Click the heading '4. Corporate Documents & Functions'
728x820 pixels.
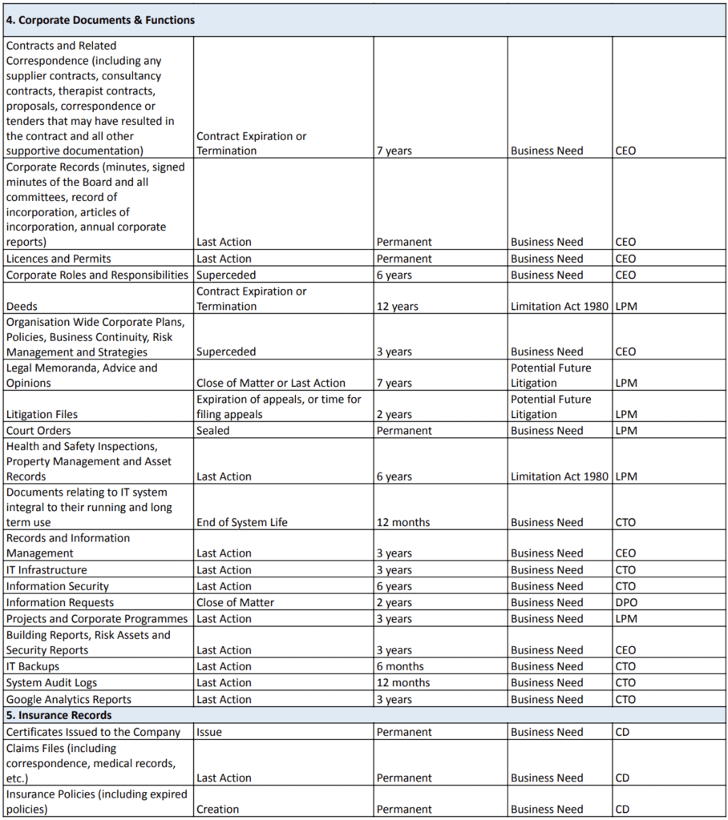(100, 20)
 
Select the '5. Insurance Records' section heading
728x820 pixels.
(59, 715)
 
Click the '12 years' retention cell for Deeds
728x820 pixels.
(397, 306)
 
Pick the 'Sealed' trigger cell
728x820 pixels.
(212, 430)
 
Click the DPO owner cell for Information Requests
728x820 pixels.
(625, 602)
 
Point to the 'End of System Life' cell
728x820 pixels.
(242, 522)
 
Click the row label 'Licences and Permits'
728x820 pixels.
(59, 259)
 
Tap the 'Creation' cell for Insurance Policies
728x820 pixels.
(217, 809)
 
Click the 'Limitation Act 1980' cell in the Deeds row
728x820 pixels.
(560, 306)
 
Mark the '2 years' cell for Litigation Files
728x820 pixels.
(394, 414)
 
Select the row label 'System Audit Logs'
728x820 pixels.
(51, 682)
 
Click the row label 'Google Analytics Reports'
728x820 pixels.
(68, 699)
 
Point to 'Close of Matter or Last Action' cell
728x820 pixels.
(271, 383)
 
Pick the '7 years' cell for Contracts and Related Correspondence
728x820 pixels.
(394, 151)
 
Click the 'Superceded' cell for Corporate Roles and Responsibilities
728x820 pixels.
(226, 275)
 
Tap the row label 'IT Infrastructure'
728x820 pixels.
(47, 569)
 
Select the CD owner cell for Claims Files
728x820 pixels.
(622, 778)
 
